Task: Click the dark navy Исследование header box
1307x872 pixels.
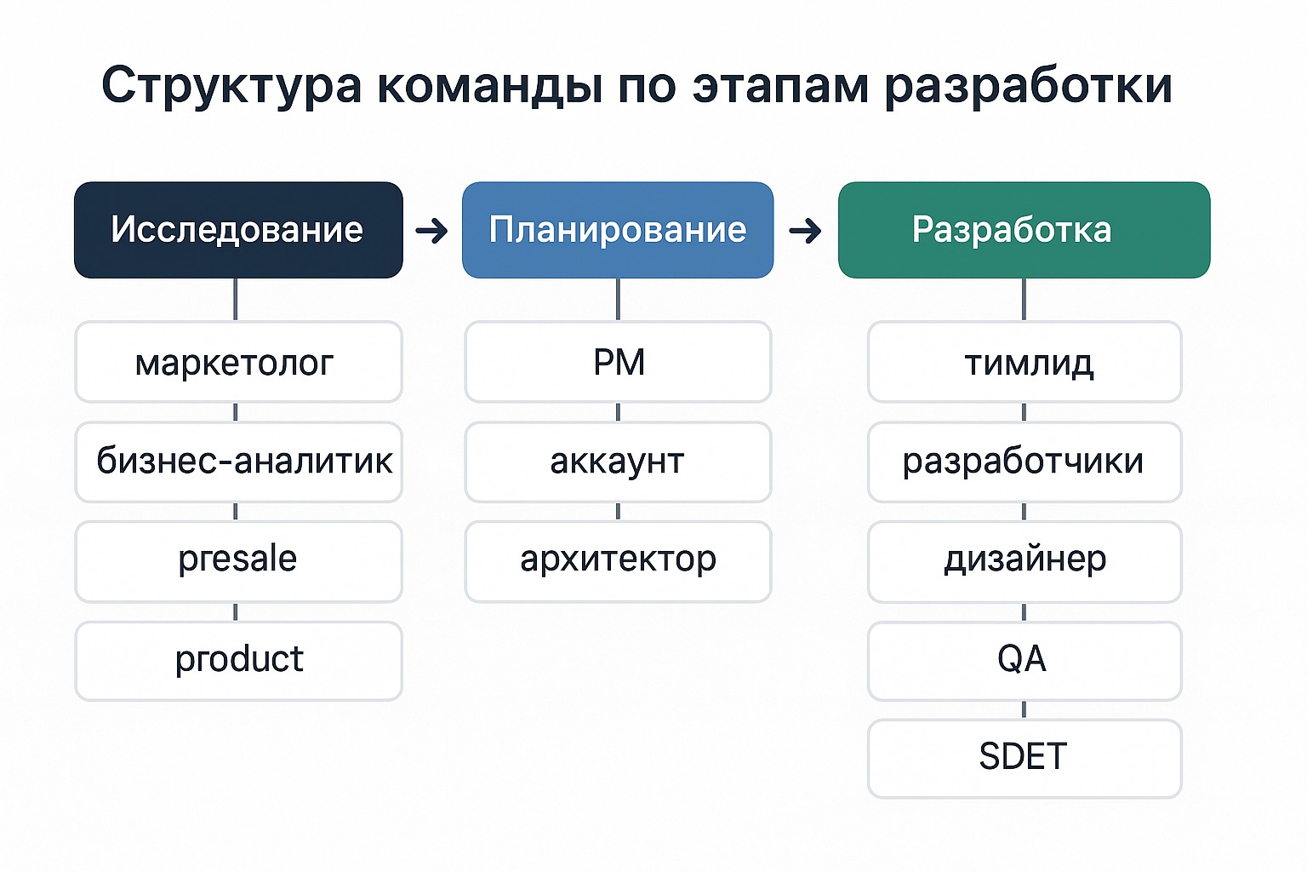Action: point(238,230)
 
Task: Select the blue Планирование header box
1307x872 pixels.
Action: point(618,230)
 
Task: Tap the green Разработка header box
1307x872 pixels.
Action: point(1024,230)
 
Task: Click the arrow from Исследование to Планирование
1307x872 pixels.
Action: point(431,231)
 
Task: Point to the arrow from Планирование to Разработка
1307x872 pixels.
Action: point(805,231)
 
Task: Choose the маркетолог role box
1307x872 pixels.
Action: point(238,362)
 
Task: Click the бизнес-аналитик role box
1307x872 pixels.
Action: point(238,462)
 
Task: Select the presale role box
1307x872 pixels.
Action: point(238,561)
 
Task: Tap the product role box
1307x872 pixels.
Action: point(238,661)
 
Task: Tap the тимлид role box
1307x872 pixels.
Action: point(1024,362)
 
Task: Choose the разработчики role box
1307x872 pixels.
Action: point(1024,462)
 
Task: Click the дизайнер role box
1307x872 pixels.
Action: point(1024,561)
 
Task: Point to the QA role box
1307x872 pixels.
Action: point(1024,661)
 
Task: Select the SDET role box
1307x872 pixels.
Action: point(1024,759)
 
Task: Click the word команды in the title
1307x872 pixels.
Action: point(490,86)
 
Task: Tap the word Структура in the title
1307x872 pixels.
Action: point(231,86)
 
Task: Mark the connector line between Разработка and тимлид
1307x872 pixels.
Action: point(1024,299)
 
